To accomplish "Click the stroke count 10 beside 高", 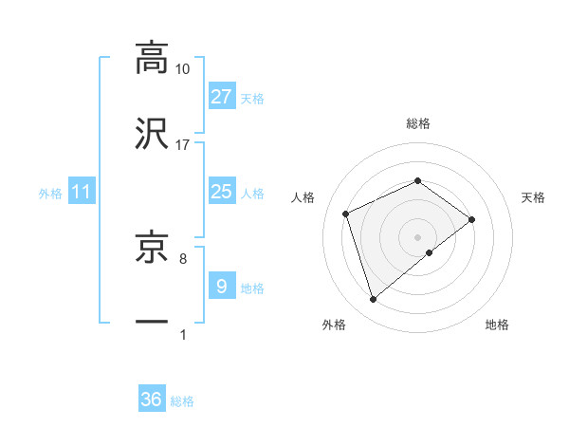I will [183, 68].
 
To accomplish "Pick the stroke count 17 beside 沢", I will [183, 144].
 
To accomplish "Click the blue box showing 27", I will [222, 97].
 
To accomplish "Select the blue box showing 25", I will [222, 192].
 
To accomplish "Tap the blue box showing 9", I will [222, 286].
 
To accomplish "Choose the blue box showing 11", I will [82, 192].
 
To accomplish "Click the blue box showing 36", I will [152, 400].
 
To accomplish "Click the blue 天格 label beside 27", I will [252, 98].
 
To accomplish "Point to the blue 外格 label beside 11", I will [50, 193].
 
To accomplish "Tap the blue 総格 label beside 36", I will [183, 400].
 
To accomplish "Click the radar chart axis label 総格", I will [417, 123].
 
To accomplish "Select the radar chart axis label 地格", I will [497, 325].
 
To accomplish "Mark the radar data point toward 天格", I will [472, 219].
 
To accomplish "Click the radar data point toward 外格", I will [374, 300].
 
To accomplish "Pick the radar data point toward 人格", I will [346, 213].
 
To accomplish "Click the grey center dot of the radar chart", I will [417, 236].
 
